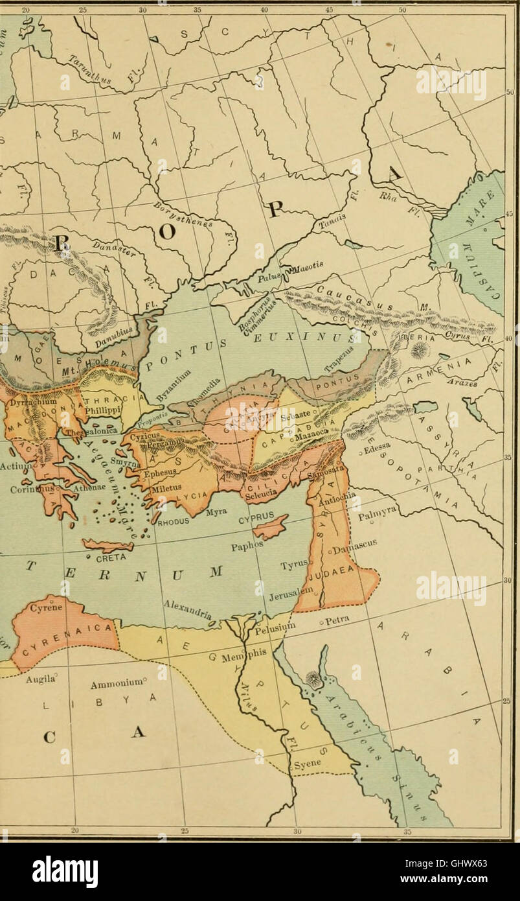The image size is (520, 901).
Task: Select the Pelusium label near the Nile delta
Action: click(275, 627)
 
